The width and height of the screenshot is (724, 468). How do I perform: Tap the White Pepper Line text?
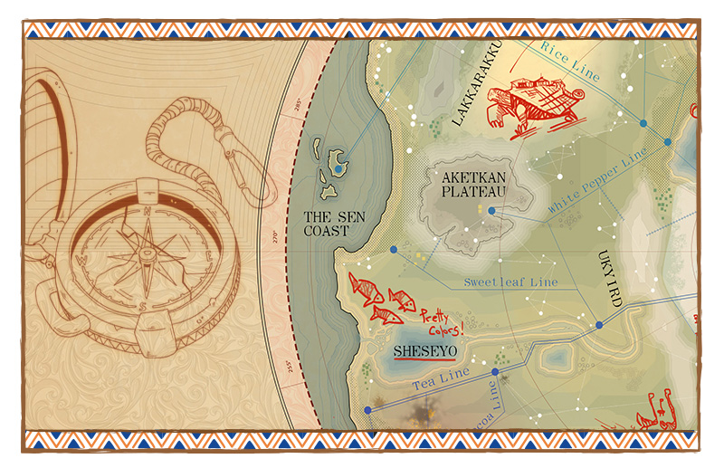[597, 181]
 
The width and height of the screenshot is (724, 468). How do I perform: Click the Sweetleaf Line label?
[510, 282]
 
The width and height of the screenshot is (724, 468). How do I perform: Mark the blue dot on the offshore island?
[338, 169]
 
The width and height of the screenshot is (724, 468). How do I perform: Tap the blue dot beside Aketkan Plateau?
[491, 211]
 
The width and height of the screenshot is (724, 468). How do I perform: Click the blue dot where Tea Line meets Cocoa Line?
[495, 371]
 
